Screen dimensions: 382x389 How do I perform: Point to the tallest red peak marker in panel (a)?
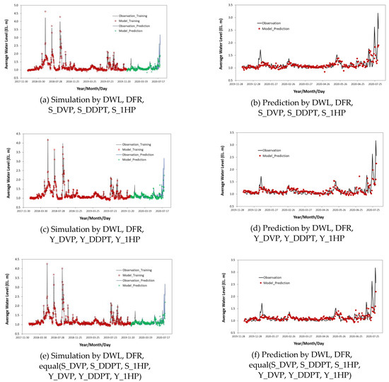[x=45, y=12]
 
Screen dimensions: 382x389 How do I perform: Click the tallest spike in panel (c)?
[x=48, y=140]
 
